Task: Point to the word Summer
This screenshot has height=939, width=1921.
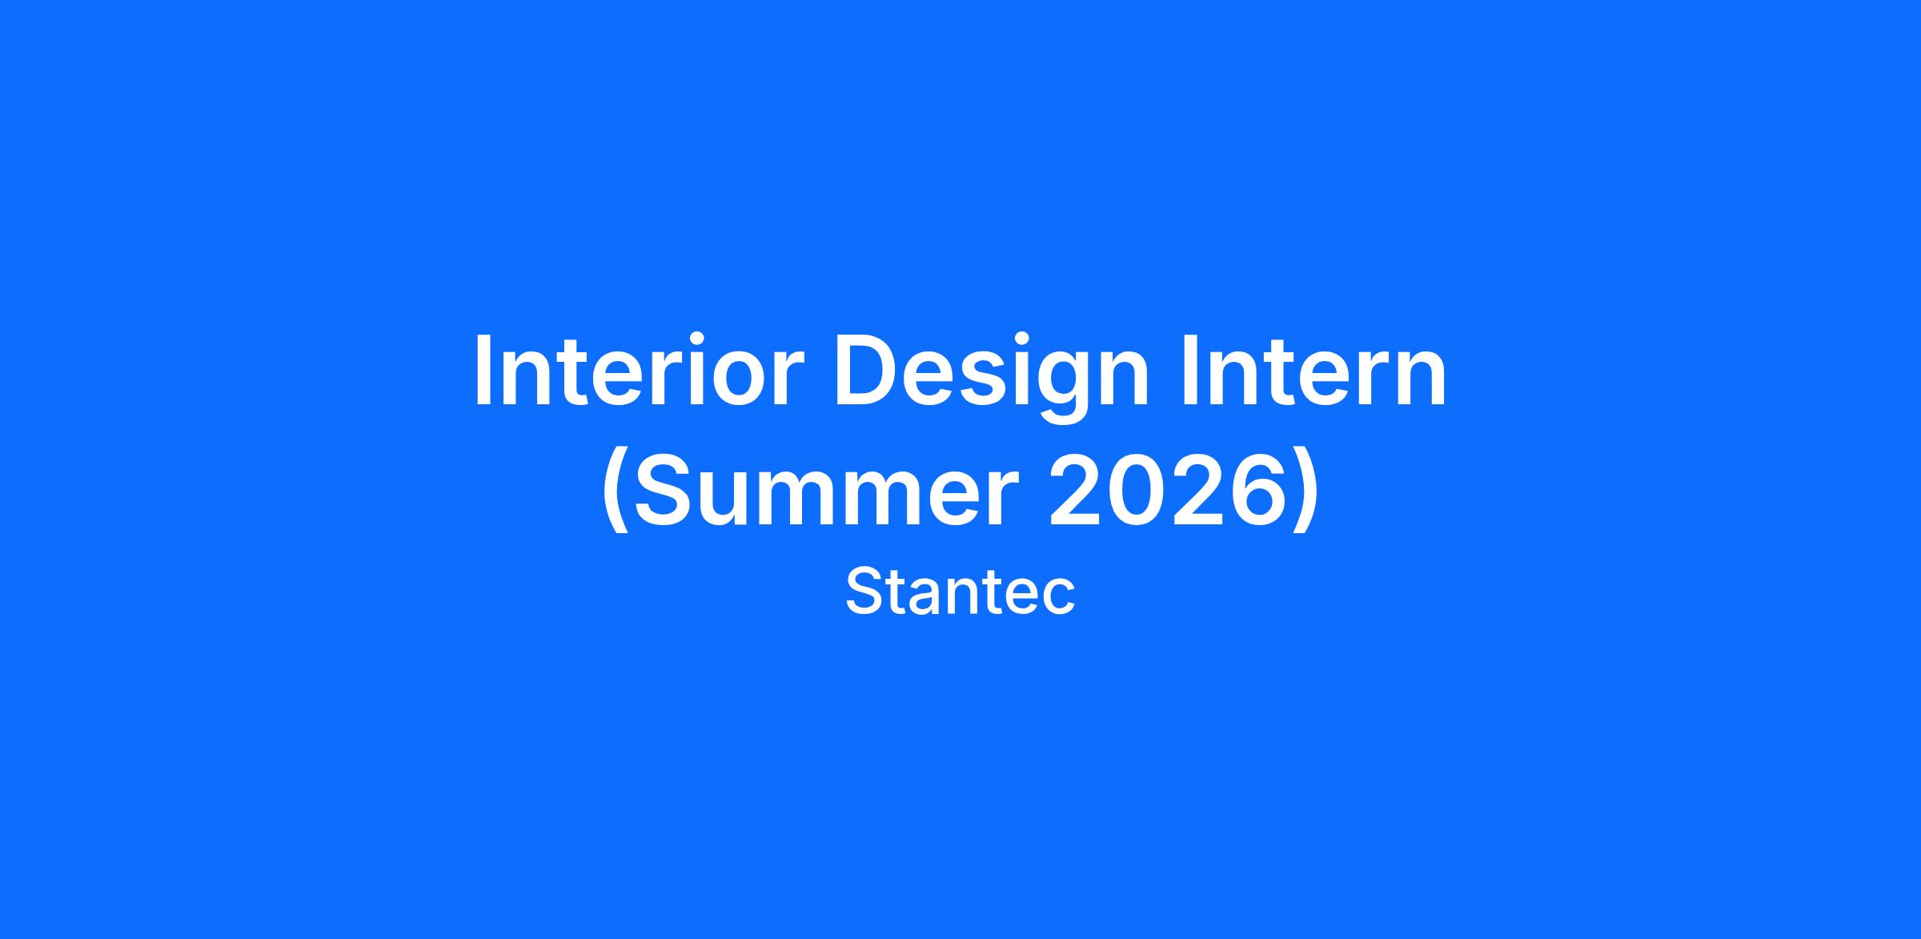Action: [x=821, y=489]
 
